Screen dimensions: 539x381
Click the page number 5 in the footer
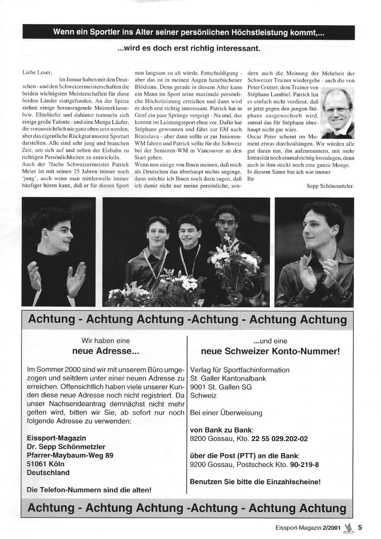360,528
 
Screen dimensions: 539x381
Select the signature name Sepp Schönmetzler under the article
330,186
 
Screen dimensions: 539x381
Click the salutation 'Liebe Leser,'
37,72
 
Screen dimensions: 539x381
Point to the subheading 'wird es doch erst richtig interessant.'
189,49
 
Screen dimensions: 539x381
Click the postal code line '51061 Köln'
46,464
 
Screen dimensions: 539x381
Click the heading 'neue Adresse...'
106,351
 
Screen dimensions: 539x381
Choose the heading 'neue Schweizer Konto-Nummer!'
270,351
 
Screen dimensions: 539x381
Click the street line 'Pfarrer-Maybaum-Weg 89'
70,455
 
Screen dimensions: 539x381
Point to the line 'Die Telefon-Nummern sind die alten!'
89,490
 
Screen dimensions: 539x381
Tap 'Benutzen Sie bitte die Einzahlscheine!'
255,482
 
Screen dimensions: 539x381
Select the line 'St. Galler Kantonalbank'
228,378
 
